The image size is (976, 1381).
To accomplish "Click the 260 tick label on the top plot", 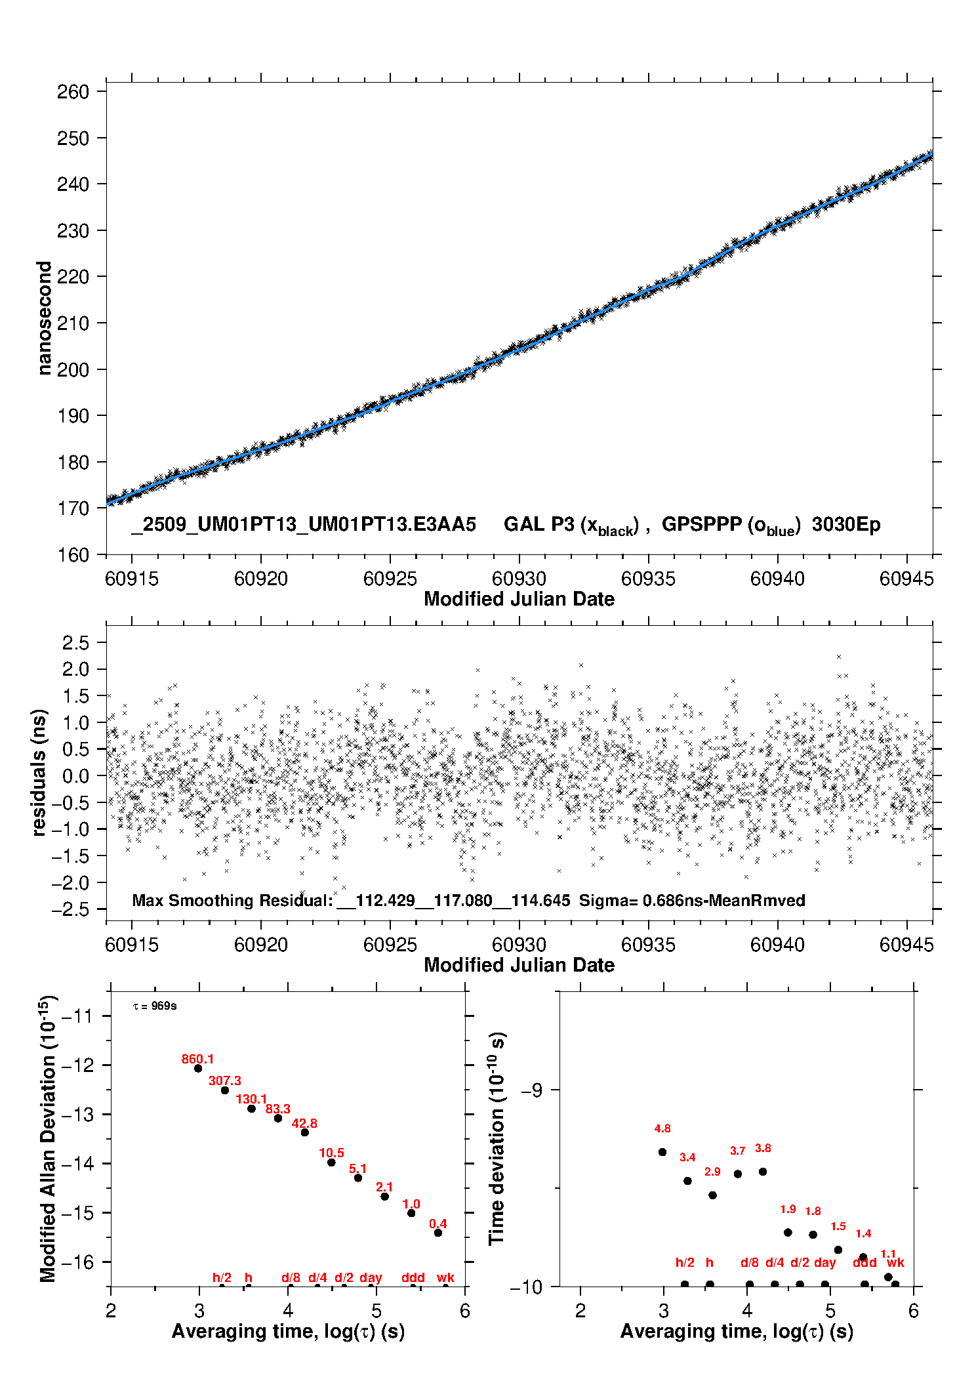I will (73, 92).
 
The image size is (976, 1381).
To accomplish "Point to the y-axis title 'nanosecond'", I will (44, 318).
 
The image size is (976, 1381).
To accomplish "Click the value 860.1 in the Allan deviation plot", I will (197, 1059).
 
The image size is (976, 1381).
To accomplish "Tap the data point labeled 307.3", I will (224, 1090).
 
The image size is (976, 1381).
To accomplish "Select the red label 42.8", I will (304, 1123).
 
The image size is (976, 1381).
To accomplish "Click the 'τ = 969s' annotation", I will (155, 1006).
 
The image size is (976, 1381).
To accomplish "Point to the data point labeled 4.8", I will (662, 1151).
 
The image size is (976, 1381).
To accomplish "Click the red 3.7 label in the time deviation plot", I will (737, 1150).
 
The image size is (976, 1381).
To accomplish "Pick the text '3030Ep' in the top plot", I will (846, 524).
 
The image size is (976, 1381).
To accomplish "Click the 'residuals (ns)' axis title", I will (39, 772).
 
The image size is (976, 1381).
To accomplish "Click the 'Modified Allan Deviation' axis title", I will (48, 1138).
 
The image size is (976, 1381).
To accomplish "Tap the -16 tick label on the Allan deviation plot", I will (77, 1262).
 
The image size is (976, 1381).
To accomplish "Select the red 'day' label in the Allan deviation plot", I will (371, 1277).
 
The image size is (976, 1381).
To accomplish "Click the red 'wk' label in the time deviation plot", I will (895, 1262).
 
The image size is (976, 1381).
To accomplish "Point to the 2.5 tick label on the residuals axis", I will (75, 643).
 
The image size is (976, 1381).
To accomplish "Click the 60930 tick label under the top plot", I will (519, 579).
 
